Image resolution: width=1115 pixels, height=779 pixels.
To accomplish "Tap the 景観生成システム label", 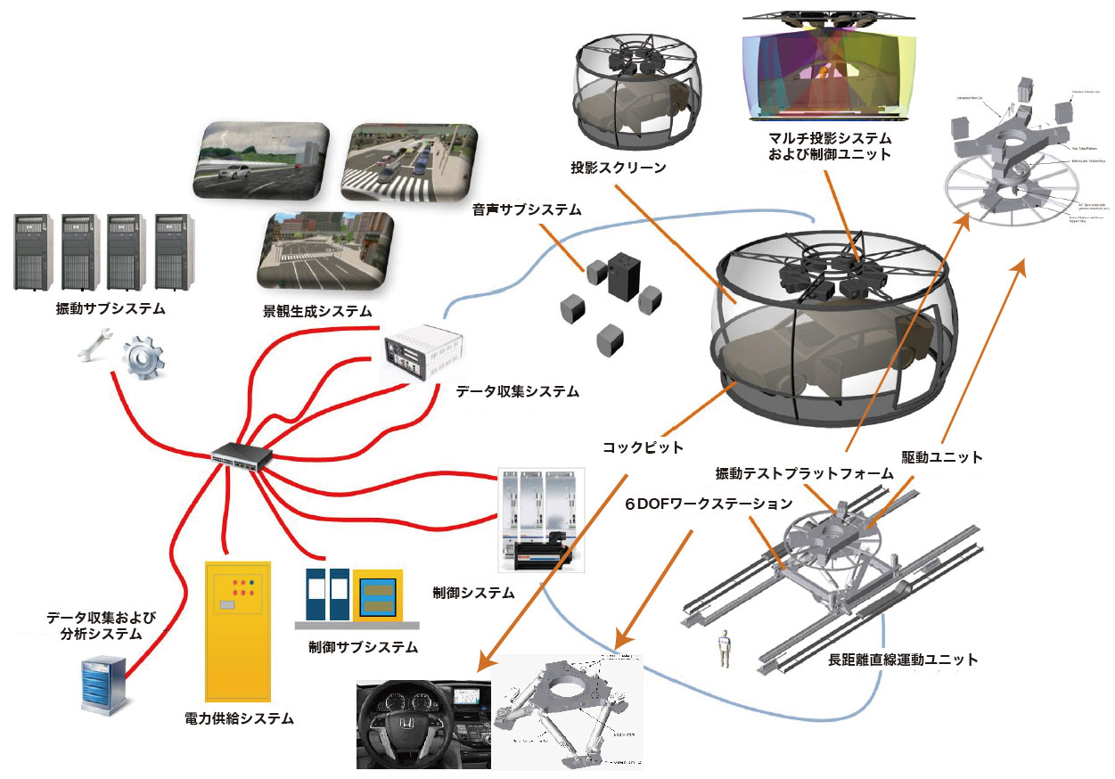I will point(312,312).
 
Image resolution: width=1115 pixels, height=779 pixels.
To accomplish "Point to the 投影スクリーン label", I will point(619,168).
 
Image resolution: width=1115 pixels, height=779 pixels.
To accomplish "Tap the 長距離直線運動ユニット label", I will point(903,660).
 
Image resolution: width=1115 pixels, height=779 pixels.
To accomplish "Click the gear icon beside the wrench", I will point(141,357).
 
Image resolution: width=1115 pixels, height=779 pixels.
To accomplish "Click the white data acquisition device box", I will point(419,354).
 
